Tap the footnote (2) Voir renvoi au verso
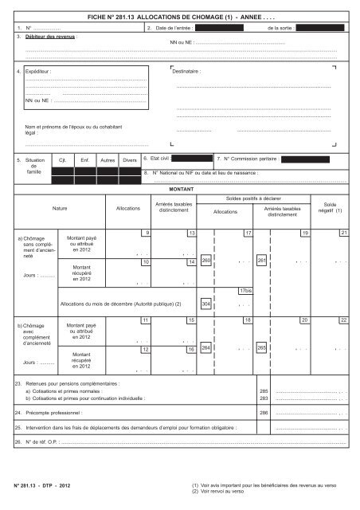(x=223, y=491)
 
